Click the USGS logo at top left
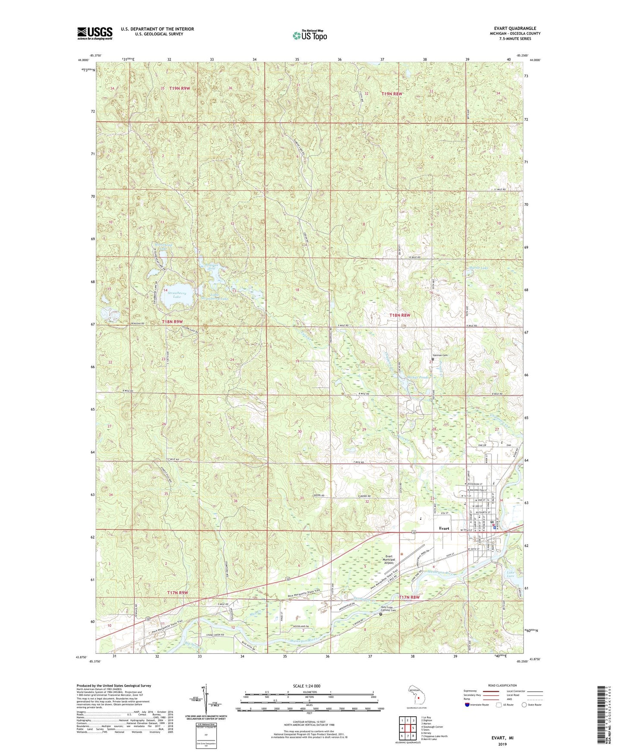pos(94,33)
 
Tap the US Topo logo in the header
pos(310,35)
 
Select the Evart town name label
pos(444,528)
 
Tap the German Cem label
pos(440,355)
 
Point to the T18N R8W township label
pos(400,315)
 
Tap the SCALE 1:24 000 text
pos(307,686)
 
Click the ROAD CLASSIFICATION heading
pos(502,685)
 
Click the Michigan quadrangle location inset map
pos(416,695)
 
